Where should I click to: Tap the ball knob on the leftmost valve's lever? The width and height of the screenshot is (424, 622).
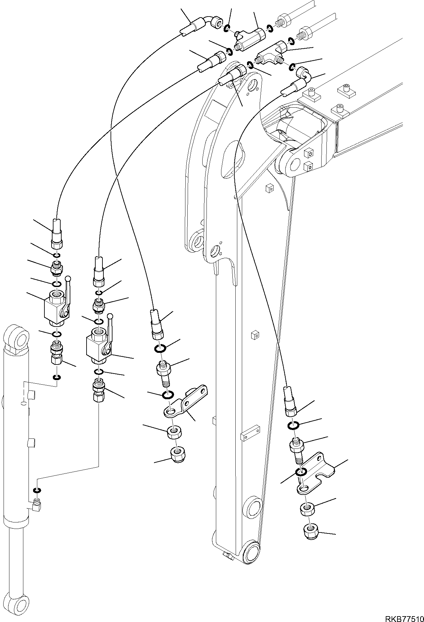click(x=68, y=278)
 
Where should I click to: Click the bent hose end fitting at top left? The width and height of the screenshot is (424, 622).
click(x=203, y=24)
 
